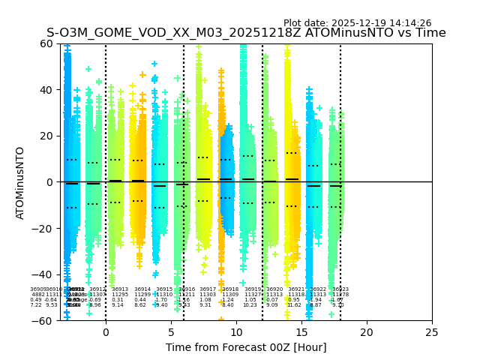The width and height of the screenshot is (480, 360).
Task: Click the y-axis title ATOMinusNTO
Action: point(20,182)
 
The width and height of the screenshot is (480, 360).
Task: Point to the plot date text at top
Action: point(357,23)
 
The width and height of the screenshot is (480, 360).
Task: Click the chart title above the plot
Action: point(246,33)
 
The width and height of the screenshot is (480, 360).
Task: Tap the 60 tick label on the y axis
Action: point(46,43)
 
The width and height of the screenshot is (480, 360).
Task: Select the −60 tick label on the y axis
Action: point(43,320)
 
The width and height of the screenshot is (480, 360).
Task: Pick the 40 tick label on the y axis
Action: point(46,90)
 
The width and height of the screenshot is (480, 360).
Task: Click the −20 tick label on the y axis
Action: point(43,228)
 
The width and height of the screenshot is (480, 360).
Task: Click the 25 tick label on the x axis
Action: point(432,331)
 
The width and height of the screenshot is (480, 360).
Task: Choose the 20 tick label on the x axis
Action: point(367,331)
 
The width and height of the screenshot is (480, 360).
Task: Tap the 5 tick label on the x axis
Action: point(171,331)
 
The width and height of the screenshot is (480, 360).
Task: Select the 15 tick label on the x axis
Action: point(301,331)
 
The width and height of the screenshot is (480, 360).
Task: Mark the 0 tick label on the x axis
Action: point(106,331)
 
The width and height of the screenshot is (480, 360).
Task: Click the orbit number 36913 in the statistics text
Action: point(120,289)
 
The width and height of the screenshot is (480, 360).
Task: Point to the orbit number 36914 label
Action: point(142,289)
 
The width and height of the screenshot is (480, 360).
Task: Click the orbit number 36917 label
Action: point(208,289)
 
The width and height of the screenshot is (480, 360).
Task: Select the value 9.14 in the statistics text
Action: point(118,305)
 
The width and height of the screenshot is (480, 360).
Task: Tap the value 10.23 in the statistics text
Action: point(250,305)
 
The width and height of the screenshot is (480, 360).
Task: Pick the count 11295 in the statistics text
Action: point(120,295)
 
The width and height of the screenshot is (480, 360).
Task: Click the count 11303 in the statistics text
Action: point(208,295)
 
